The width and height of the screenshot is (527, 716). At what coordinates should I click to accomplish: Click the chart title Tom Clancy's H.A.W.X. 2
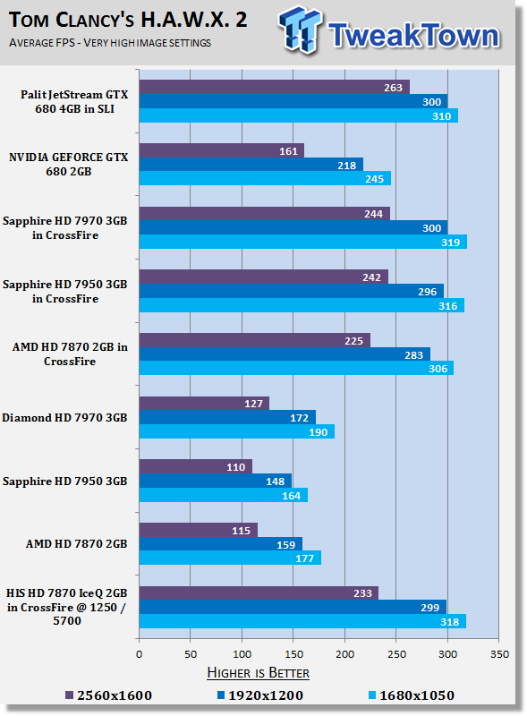[128, 20]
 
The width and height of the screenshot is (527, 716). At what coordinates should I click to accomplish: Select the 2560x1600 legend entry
[108, 695]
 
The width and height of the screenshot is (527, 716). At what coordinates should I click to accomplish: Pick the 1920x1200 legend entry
[259, 695]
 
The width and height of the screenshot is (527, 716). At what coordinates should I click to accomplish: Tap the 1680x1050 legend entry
[411, 695]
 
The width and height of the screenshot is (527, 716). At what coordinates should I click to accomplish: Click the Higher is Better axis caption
[258, 673]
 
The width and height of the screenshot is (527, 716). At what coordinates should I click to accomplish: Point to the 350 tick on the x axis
[499, 654]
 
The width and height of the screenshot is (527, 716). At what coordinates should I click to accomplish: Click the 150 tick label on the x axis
[293, 654]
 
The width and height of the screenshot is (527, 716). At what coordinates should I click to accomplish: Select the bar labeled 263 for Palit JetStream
[275, 87]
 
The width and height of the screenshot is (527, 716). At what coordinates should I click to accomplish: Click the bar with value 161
[222, 150]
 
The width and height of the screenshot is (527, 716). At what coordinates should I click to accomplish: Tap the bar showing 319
[303, 242]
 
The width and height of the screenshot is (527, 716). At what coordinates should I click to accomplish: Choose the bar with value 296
[292, 292]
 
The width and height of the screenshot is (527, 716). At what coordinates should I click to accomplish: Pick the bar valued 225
[255, 341]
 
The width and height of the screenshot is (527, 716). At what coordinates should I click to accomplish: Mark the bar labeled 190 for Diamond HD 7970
[237, 432]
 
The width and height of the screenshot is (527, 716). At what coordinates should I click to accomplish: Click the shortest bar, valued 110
[196, 466]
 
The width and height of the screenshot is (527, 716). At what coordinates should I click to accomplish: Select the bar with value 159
[221, 544]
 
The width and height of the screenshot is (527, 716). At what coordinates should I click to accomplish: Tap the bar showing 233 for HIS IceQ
[259, 593]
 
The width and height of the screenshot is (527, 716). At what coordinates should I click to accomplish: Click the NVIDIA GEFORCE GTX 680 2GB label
[69, 165]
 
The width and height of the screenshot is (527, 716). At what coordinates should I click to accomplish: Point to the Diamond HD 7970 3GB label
[64, 418]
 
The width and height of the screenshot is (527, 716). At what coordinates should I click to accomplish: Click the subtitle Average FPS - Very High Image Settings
[109, 43]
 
